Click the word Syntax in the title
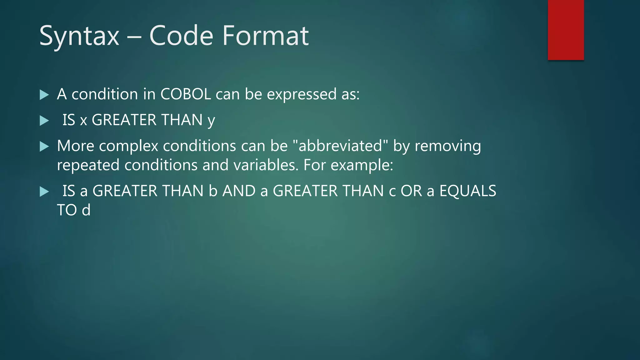[x=79, y=36]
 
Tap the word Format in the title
[x=265, y=36]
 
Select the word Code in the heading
[x=181, y=36]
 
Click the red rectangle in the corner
[x=566, y=30]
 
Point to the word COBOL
[x=186, y=94]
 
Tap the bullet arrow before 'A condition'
[x=44, y=95]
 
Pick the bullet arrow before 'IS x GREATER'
[x=44, y=121]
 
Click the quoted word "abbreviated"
[x=340, y=146]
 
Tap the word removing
[x=447, y=147]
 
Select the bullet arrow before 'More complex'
[x=44, y=146]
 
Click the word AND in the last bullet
[x=239, y=191]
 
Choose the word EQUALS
[x=467, y=191]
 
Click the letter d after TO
[x=86, y=210]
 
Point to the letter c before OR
[x=392, y=192]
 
